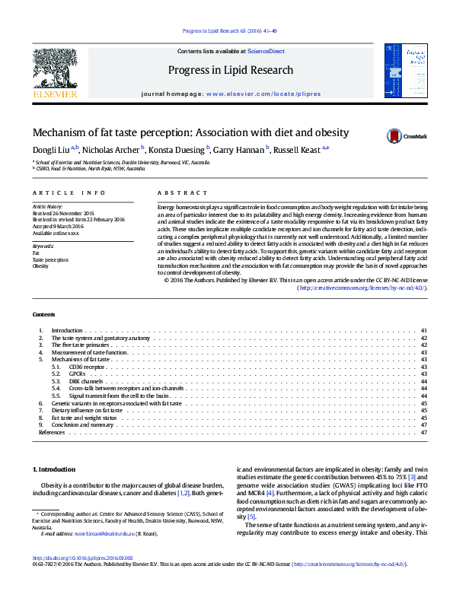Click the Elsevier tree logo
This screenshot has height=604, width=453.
(55, 71)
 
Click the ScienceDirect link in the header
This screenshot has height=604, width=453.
(266, 51)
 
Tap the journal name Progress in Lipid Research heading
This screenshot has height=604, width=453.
(230, 70)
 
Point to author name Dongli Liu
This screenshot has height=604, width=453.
(50, 149)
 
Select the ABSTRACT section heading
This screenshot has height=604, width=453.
(182, 194)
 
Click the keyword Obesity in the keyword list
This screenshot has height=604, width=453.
(40, 266)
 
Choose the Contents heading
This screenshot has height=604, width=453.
(43, 314)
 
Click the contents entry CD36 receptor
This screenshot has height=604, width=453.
(86, 367)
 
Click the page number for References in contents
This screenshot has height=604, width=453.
(423, 432)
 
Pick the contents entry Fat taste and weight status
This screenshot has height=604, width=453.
(84, 418)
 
